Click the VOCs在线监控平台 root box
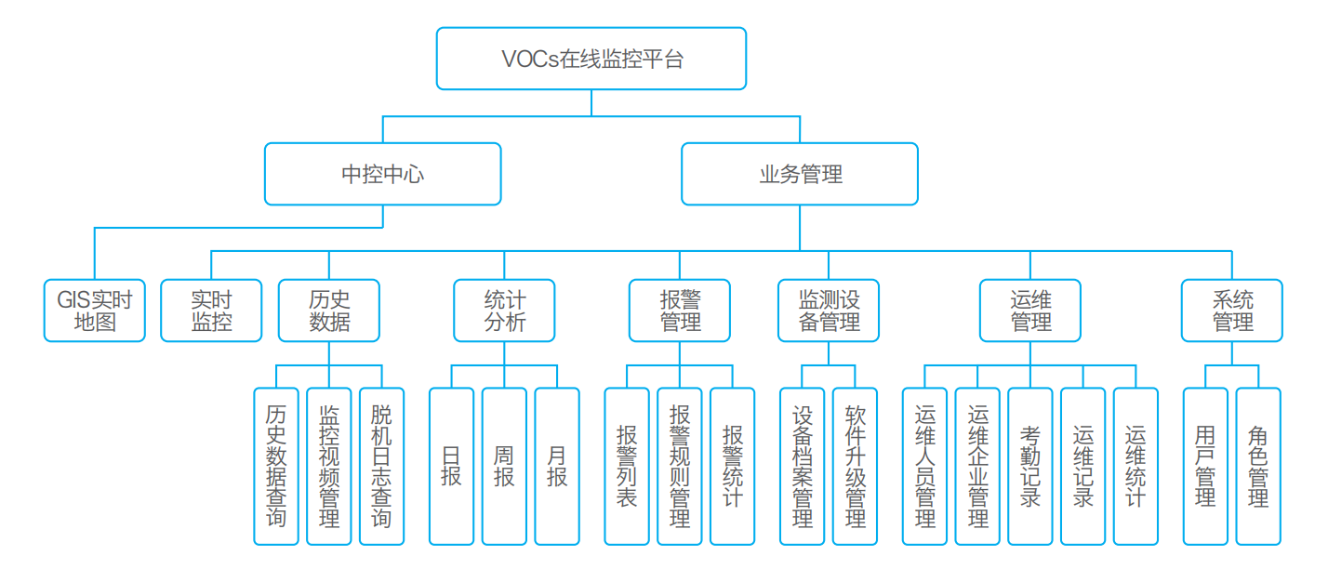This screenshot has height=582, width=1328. [x=591, y=59]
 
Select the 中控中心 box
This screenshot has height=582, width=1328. [x=383, y=174]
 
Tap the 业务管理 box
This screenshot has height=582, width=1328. [x=800, y=174]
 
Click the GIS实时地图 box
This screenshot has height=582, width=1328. [x=95, y=311]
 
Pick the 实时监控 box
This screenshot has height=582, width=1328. [x=212, y=311]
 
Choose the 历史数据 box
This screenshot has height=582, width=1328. [x=329, y=311]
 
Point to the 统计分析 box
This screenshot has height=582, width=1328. [x=504, y=311]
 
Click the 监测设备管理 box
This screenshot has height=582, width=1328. [x=829, y=311]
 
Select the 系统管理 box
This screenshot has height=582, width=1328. [x=1232, y=311]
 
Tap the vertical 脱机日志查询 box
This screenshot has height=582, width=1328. [x=381, y=466]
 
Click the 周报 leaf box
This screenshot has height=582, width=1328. [x=504, y=466]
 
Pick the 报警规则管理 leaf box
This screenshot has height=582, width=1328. [x=680, y=466]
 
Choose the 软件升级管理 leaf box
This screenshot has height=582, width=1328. [x=856, y=466]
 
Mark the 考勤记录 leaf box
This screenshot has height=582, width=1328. [x=1030, y=466]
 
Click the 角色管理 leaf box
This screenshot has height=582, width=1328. [x=1258, y=466]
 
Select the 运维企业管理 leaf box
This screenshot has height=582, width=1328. [x=978, y=466]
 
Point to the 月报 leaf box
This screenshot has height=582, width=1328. [x=557, y=466]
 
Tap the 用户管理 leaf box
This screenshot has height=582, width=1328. [x=1206, y=466]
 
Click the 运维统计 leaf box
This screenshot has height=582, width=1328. [x=1135, y=466]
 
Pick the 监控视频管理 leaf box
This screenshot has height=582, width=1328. [x=329, y=466]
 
